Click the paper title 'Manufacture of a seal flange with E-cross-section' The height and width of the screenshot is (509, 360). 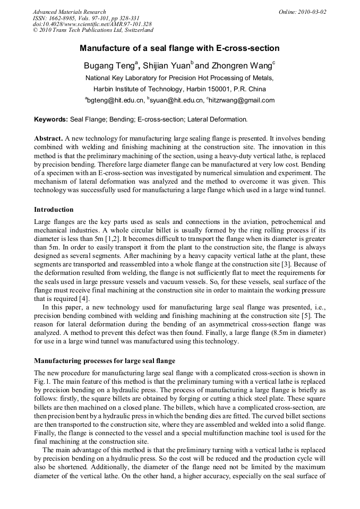coord(179,48)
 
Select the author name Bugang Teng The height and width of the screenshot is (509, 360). coord(109,66)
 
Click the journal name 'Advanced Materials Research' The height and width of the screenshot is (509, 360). coord(69,12)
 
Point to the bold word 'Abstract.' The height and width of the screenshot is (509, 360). coord(49,138)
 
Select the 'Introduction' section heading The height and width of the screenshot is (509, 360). coord(54,210)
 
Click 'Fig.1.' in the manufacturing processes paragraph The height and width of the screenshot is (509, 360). coord(42,382)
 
